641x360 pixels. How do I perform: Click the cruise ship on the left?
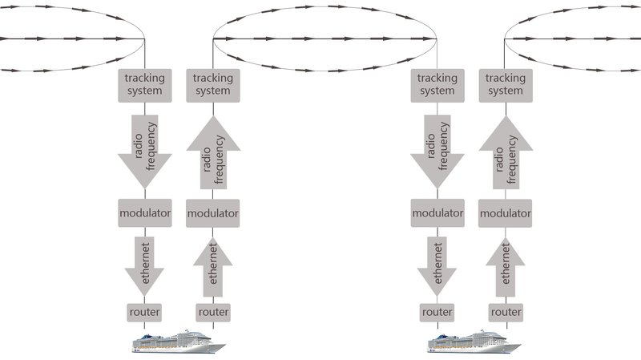179,342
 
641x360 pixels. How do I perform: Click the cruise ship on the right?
474,342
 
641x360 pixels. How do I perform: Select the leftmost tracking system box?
144,84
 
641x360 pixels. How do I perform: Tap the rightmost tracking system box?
506,84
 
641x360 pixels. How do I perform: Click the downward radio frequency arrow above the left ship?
144,149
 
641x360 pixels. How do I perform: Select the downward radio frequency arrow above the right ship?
437,149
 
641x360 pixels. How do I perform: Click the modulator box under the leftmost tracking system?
144,213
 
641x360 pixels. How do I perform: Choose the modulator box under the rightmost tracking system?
506,213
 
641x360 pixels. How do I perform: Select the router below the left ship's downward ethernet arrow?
144,311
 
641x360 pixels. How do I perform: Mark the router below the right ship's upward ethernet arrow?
506,311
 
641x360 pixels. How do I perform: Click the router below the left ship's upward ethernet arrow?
212,311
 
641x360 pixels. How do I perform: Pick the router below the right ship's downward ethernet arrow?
437,311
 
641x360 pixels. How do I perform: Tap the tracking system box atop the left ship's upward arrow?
212,84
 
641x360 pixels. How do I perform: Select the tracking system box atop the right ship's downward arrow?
437,84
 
